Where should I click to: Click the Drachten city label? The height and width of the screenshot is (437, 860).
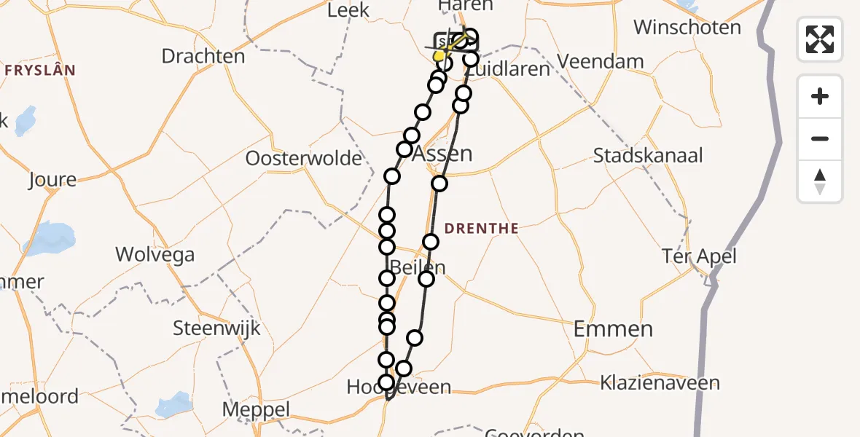tap(203, 56)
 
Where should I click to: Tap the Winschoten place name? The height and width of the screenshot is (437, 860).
tap(687, 28)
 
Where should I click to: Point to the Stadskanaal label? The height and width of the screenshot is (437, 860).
tap(648, 156)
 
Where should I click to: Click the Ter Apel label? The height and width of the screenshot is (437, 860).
tap(699, 256)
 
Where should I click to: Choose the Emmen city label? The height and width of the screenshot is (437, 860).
tap(613, 329)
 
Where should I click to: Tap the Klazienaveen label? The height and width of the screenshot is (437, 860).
tap(660, 382)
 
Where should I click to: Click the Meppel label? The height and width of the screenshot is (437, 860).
tap(256, 409)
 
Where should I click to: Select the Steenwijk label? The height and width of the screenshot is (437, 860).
tap(216, 328)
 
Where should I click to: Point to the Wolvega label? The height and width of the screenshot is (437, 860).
tap(155, 255)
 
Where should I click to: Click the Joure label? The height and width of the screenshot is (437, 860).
tap(52, 180)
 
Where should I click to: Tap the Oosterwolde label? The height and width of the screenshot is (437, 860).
tap(304, 159)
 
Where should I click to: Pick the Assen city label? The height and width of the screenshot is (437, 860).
tap(442, 154)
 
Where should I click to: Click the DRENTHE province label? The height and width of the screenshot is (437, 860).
tap(482, 229)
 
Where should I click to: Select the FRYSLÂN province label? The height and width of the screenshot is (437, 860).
tap(40, 71)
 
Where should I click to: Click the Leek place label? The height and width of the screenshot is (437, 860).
tap(348, 10)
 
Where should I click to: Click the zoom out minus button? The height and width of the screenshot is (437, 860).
tap(820, 138)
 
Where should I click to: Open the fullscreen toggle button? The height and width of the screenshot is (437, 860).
tap(820, 39)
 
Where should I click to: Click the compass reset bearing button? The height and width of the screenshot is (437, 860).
tap(820, 181)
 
